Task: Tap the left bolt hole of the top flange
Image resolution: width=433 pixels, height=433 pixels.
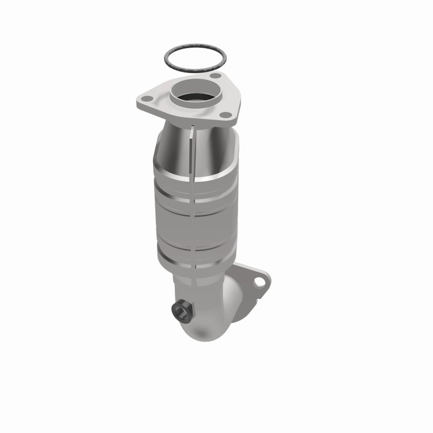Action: point(145,99)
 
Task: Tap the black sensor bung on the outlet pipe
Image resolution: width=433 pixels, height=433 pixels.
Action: point(180,310)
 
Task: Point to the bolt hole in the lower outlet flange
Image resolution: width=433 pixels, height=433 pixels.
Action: point(263,283)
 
